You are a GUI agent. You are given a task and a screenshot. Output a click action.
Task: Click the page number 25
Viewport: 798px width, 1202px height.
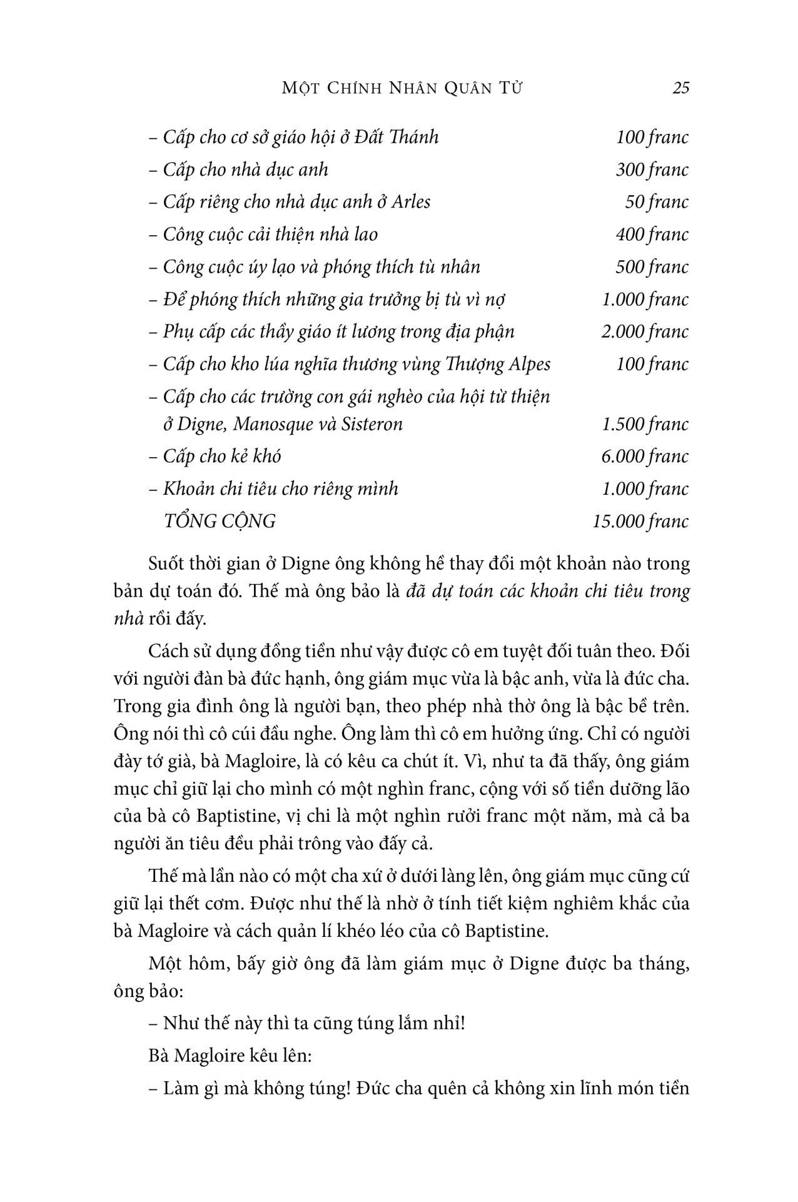point(680,88)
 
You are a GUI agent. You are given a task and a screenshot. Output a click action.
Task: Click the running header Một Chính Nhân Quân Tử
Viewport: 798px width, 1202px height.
point(402,88)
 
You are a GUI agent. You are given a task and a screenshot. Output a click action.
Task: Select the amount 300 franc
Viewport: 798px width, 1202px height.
point(652,170)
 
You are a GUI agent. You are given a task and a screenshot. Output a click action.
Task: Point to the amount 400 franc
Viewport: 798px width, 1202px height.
point(652,235)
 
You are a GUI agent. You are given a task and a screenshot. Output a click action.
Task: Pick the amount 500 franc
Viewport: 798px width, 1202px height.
point(652,268)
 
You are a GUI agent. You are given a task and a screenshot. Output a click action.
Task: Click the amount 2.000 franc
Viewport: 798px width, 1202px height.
point(645,332)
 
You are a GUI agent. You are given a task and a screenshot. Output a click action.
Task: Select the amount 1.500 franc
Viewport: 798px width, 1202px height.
point(645,425)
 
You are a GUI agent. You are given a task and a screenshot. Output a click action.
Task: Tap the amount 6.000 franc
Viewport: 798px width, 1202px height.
point(645,457)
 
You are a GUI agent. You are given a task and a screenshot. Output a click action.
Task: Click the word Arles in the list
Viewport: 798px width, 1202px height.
point(411,203)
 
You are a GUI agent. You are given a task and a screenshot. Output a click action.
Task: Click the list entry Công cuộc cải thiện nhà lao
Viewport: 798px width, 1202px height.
point(263,235)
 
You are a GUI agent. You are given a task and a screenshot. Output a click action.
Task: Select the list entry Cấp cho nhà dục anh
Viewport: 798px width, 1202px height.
point(238,170)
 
